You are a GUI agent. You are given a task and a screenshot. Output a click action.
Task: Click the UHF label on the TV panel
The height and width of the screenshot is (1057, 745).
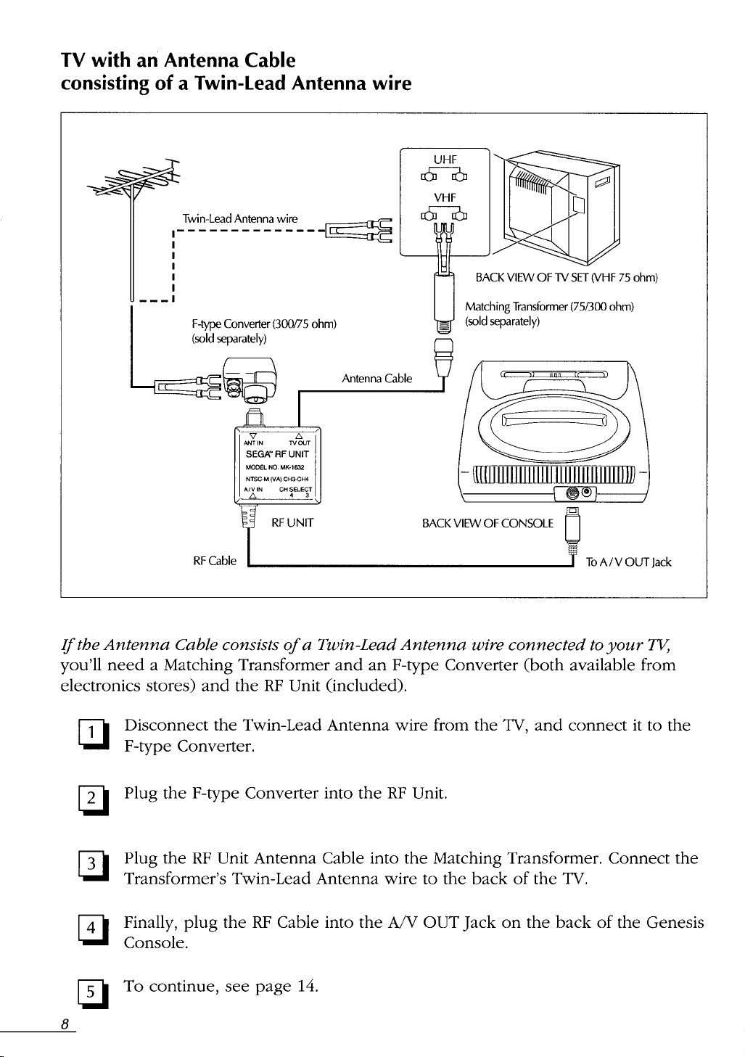click(445, 160)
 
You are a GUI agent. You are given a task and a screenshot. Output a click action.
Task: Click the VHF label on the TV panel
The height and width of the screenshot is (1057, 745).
click(445, 197)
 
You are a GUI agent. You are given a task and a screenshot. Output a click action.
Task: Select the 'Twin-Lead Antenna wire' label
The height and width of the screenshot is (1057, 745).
click(239, 218)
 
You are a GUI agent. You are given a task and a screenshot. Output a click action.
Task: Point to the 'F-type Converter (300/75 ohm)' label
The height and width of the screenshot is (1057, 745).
click(263, 324)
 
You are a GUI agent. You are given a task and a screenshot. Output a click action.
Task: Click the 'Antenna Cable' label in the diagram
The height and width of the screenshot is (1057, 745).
click(376, 378)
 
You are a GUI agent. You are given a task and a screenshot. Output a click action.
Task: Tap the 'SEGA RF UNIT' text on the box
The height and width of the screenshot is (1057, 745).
click(277, 454)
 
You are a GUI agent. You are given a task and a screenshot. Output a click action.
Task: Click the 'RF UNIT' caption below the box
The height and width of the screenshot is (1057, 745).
click(292, 522)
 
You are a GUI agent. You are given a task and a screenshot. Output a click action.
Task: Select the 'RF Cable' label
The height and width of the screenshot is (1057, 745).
click(214, 561)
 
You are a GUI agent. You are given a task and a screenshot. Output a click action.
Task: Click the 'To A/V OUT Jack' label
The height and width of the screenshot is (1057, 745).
click(628, 562)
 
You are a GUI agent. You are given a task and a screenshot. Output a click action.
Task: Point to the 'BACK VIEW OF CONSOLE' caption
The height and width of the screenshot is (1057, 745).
click(487, 523)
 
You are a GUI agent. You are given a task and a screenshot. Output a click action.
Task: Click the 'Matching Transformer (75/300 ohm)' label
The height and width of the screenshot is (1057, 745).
click(549, 307)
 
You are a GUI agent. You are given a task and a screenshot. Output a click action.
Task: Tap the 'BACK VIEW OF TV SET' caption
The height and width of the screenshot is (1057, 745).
click(532, 278)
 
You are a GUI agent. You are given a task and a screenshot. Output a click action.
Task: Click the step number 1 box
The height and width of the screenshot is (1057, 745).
click(92, 734)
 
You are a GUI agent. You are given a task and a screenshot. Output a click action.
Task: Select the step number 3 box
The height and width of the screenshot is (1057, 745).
click(92, 867)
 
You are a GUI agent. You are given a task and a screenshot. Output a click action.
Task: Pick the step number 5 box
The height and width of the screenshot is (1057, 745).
click(92, 992)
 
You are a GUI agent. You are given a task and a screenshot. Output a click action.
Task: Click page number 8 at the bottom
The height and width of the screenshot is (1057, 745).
click(65, 1024)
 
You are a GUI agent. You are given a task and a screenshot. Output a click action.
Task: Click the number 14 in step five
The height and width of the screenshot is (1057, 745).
click(306, 987)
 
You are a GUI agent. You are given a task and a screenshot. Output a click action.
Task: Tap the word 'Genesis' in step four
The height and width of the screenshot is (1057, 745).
click(675, 922)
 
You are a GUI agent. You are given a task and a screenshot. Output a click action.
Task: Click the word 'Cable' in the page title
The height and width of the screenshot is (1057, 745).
click(270, 60)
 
